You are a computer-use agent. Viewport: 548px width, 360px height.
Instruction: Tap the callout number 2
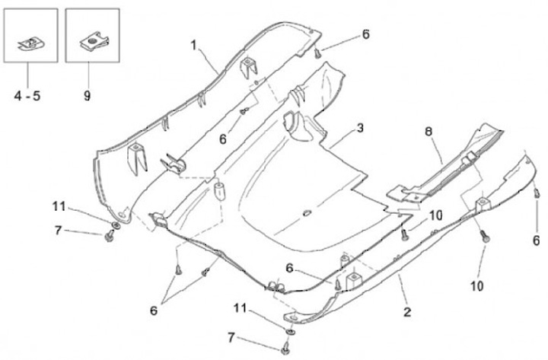pos(406,311)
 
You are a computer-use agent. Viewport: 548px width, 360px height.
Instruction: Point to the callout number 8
pos(429,132)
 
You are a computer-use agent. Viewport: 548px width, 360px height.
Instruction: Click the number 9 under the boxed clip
pos(88,97)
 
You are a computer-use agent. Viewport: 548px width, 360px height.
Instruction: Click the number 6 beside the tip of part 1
pos(365,34)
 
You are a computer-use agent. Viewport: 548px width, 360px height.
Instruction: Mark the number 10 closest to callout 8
pos(435,215)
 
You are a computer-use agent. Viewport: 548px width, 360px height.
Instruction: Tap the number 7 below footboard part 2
pos(231,336)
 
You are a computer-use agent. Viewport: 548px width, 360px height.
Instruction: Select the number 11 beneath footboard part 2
pos(241,308)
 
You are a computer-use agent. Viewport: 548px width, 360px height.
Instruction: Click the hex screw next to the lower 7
pos(285,348)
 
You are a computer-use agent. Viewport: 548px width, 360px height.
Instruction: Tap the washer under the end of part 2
pos(292,331)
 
